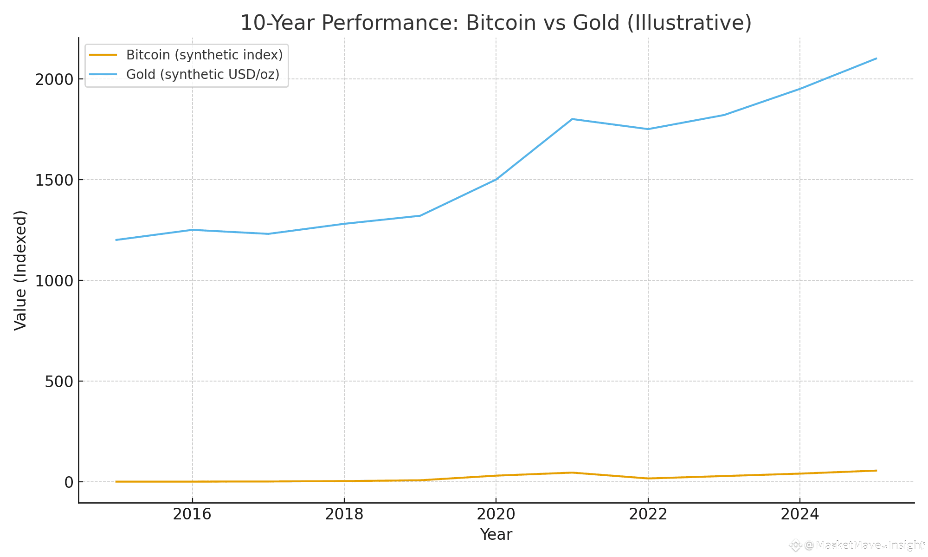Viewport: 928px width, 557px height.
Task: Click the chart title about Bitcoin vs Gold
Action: tap(496, 23)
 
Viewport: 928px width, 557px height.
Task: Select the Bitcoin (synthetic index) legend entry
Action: tap(204, 55)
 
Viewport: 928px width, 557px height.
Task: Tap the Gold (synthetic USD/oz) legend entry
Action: tap(203, 74)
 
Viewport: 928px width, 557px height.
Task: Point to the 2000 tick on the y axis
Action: tap(54, 79)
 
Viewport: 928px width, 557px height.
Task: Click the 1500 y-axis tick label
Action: tap(54, 180)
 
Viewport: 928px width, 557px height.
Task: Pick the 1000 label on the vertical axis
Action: tap(54, 281)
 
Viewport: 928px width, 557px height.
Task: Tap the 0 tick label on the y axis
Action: tap(69, 482)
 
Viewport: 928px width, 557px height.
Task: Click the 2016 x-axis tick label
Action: tap(192, 514)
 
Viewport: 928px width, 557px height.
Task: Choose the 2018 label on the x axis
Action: tap(344, 514)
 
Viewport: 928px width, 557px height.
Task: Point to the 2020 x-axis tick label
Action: tap(496, 514)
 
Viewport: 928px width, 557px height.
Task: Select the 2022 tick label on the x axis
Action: tap(648, 514)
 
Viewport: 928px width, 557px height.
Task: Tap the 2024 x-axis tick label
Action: tap(799, 514)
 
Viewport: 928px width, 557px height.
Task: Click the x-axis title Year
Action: tap(496, 535)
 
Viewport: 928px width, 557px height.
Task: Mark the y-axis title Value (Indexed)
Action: tap(20, 270)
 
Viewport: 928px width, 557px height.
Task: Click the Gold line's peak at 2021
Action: tap(572, 119)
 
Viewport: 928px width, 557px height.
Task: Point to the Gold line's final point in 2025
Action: tap(876, 58)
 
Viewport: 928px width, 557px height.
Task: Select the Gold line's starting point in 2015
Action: tap(116, 240)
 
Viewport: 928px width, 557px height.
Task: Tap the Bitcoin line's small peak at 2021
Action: tap(572, 473)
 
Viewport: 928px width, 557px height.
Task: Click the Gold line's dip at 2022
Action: tap(648, 129)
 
